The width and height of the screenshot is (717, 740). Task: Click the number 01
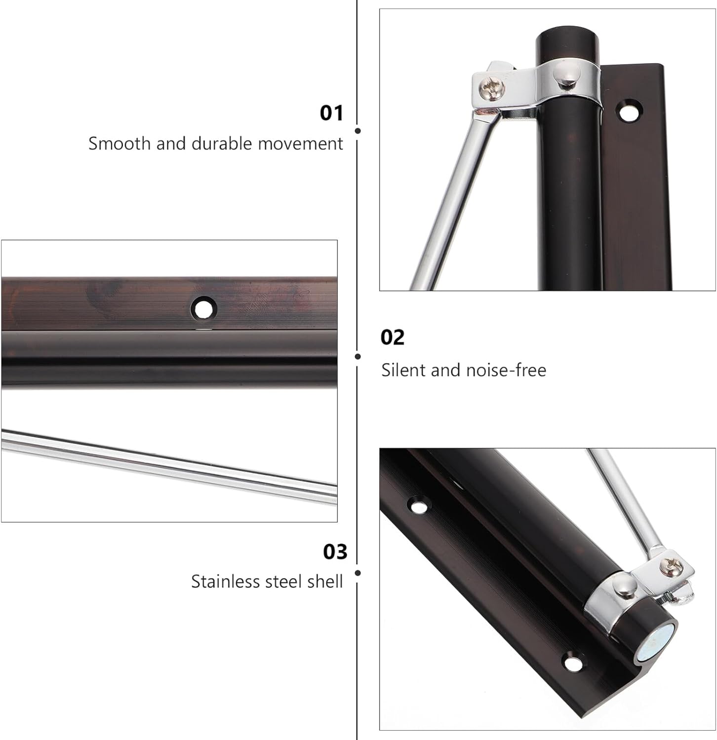point(331,113)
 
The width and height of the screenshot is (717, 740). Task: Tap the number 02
point(392,337)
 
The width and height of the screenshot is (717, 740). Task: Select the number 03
point(335,552)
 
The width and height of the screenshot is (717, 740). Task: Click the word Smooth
point(120,144)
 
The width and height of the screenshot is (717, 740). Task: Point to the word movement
point(300,144)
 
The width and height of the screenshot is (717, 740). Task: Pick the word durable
point(222,144)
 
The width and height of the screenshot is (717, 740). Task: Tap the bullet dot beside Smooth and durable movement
point(358,131)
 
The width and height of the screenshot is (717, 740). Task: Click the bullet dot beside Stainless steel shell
point(358,573)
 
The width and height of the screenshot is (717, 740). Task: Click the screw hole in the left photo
point(203,309)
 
